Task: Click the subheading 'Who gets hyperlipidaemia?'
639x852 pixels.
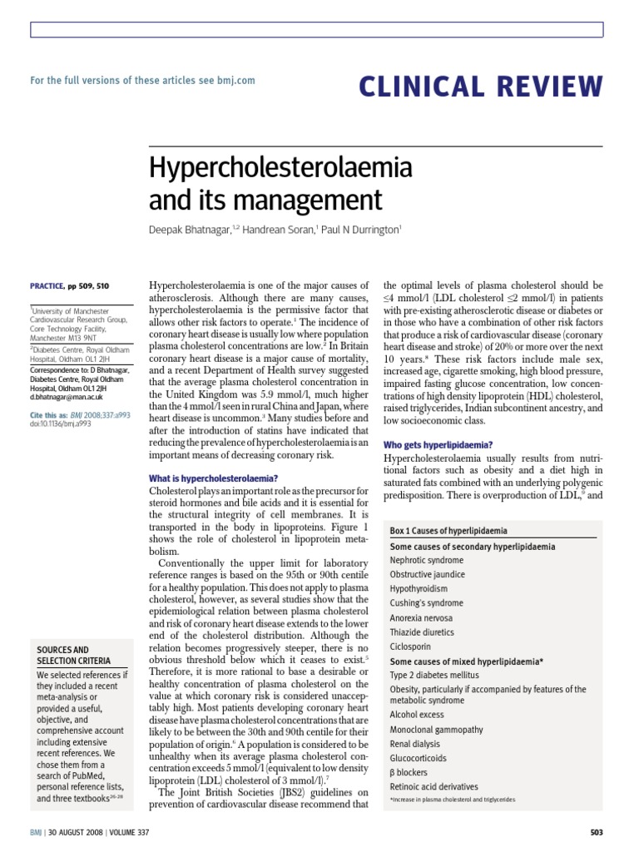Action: [x=438, y=445]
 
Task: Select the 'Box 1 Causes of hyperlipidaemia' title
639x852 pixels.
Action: [x=448, y=531]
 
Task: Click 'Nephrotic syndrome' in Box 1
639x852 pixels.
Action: [x=428, y=560]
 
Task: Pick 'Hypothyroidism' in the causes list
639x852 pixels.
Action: [x=420, y=588]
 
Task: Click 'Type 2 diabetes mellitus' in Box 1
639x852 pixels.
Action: [x=436, y=675]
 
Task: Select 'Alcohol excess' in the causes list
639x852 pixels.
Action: [x=418, y=714]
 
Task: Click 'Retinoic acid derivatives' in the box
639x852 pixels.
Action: [x=434, y=786]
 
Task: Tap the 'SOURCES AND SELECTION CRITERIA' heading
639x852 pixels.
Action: [x=72, y=655]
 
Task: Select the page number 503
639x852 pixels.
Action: [x=595, y=832]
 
